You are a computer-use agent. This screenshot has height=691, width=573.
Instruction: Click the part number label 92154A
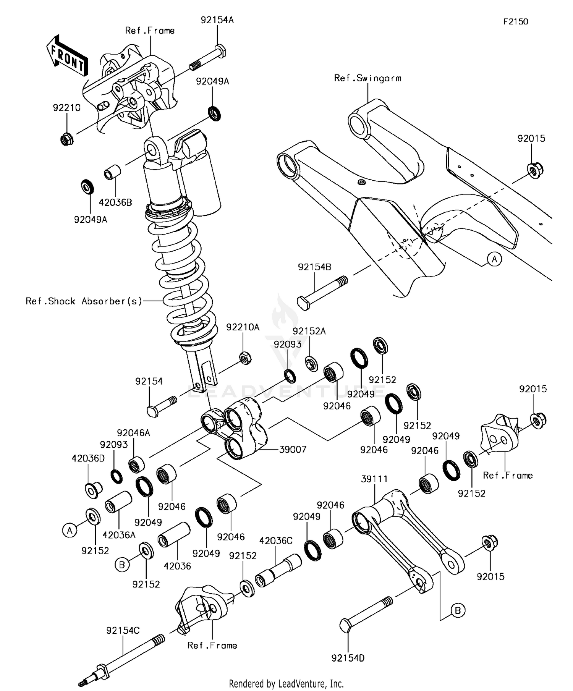217,20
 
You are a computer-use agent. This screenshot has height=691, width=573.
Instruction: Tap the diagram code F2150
515,22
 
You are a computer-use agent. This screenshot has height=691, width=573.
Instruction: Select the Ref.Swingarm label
367,78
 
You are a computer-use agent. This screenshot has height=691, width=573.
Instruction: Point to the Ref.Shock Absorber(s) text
84,301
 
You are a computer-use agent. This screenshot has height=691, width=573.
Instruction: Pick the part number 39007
293,450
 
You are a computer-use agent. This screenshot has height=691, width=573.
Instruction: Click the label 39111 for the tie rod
374,479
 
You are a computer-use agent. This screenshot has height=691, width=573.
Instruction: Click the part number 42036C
276,541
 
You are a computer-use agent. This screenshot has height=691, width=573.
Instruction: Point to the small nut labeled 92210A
244,358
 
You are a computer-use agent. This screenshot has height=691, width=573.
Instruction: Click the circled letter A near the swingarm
494,259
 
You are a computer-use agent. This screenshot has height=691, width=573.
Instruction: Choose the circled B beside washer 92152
122,565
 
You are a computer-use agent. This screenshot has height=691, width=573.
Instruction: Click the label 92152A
309,331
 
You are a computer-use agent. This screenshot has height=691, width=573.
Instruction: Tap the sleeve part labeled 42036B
112,173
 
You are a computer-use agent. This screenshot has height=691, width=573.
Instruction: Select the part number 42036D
88,458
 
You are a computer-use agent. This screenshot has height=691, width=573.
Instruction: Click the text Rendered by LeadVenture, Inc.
286,683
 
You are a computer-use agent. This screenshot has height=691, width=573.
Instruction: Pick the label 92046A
133,433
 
